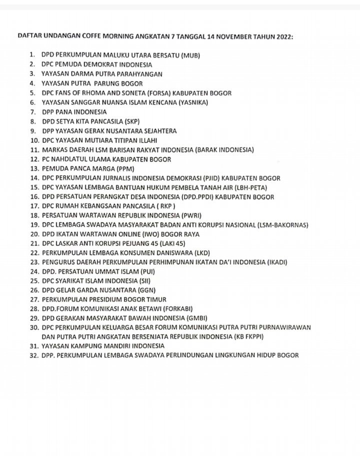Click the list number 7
32,112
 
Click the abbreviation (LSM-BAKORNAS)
280,225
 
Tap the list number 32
33,356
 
